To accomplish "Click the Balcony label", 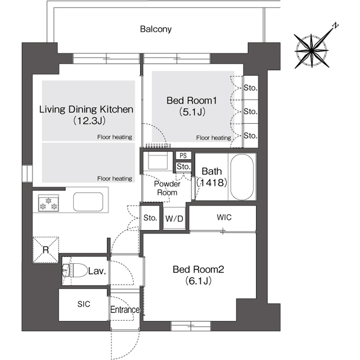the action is coord(156,29).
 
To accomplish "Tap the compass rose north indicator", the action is coord(336,25).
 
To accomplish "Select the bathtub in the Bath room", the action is coord(242,177).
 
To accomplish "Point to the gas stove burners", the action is coord(48,203).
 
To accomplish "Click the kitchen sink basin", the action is coord(88,202).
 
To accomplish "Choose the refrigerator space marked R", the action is coord(46,250).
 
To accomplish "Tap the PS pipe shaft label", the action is coord(183,156).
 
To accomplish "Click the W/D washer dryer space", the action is coord(174,218).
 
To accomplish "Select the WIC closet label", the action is coord(224,217).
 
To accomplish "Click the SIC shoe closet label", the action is coord(84,304).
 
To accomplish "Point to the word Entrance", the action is coord(125,310).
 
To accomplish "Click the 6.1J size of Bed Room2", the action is coord(199,281).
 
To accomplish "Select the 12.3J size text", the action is coord(89,120).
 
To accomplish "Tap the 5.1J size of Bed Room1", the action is coord(192,112).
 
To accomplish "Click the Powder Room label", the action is coord(167,188).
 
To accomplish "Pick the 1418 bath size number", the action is coord(212,182).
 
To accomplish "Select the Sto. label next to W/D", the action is coord(150,218).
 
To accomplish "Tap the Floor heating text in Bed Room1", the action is coord(214,138).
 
